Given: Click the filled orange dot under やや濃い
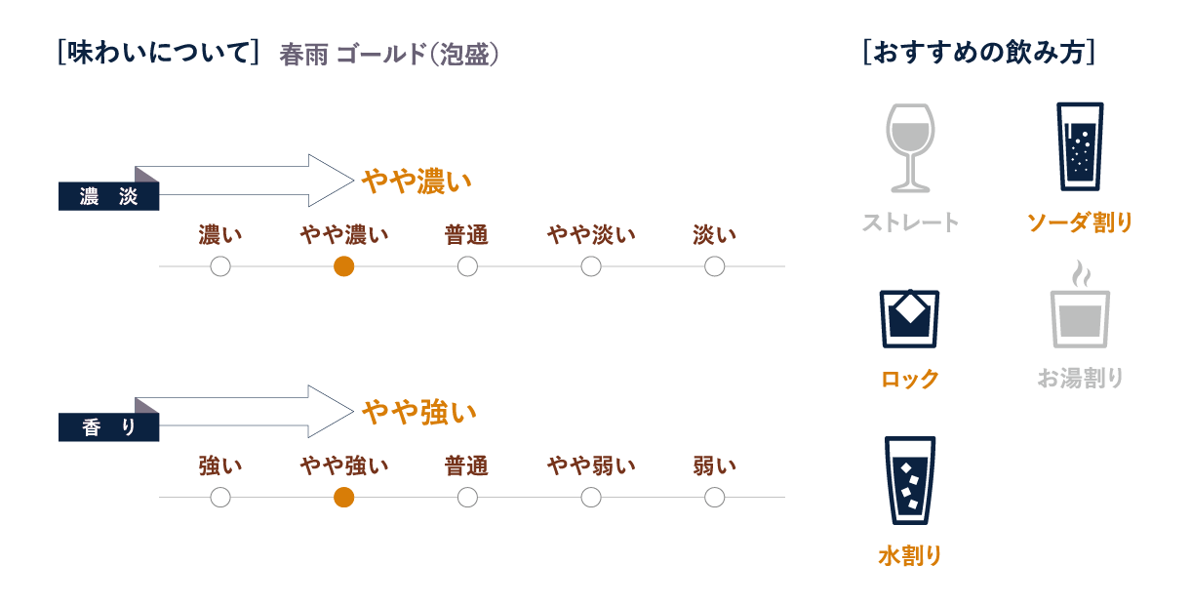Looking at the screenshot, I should pyautogui.click(x=343, y=266).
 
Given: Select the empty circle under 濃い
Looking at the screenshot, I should pyautogui.click(x=220, y=266).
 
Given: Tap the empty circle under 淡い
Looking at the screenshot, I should pyautogui.click(x=714, y=266).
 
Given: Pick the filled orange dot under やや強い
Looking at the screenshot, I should pyautogui.click(x=343, y=498).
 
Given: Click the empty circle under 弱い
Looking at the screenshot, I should pyautogui.click(x=714, y=498).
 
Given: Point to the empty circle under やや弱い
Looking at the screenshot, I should pyautogui.click(x=591, y=498).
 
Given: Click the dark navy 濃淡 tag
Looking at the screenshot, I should pyautogui.click(x=108, y=197).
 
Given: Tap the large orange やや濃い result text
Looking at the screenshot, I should pyautogui.click(x=417, y=182).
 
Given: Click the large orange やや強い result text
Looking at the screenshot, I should pyautogui.click(x=419, y=413).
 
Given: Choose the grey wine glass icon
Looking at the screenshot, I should pyautogui.click(x=910, y=147).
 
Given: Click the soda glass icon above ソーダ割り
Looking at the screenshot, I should pyautogui.click(x=1080, y=146).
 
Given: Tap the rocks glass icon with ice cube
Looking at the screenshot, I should pyautogui.click(x=910, y=317).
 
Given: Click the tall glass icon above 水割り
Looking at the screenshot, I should pyautogui.click(x=910, y=481).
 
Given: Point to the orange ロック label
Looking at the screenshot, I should pyautogui.click(x=910, y=379).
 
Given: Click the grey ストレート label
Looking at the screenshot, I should pyautogui.click(x=910, y=222).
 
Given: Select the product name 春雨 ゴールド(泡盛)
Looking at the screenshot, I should pyautogui.click(x=389, y=55).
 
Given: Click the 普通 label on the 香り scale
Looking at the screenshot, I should pyautogui.click(x=466, y=465).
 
